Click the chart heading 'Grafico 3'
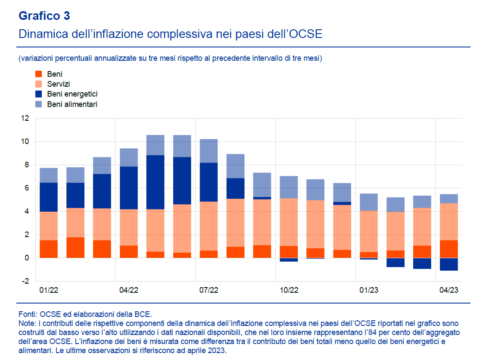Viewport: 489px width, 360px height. [x=44, y=16]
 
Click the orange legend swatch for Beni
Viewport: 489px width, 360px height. [x=38, y=74]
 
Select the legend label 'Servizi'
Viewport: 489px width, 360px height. [x=59, y=84]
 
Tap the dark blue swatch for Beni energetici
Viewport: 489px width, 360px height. [x=38, y=94]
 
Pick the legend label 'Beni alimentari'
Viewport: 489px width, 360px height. [x=72, y=104]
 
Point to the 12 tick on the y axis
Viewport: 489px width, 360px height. [x=25, y=119]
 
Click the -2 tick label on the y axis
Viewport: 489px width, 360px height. [x=25, y=281]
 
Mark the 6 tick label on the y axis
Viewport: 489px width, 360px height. [x=26, y=188]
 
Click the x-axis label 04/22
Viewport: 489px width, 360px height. [x=128, y=291]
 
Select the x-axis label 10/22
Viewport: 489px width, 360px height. [x=289, y=291]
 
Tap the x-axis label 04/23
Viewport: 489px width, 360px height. [x=449, y=291]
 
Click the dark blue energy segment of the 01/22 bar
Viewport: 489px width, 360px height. [x=49, y=197]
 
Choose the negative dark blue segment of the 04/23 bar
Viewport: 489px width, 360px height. [x=449, y=264]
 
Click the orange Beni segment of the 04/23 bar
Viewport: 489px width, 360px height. [x=449, y=249]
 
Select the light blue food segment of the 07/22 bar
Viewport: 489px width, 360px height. [x=209, y=150]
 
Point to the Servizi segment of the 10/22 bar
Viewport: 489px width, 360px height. [x=289, y=222]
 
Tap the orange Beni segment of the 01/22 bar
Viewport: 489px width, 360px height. [x=49, y=249]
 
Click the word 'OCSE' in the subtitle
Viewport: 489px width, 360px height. [x=305, y=34]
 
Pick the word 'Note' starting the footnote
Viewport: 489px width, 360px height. [x=27, y=323]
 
